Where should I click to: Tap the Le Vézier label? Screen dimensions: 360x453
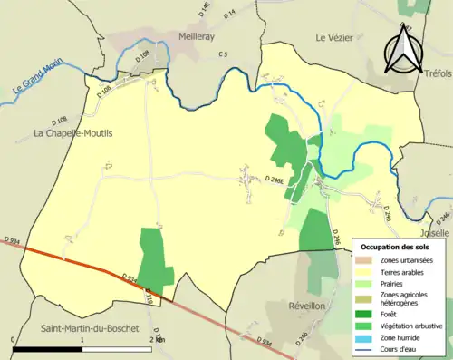(x=334, y=37)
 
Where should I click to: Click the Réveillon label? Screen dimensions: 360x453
(x=306, y=306)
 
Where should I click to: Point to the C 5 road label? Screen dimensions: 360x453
(x=222, y=56)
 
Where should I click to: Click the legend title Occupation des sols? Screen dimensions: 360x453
(x=397, y=247)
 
